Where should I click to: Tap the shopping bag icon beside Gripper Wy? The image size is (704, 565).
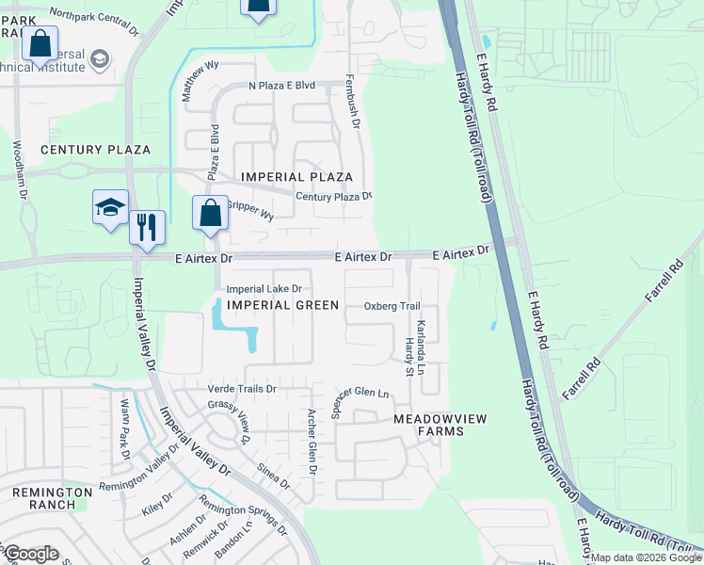pos(210,214)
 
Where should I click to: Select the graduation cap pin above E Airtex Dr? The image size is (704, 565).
pos(110,207)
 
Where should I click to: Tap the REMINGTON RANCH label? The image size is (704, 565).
pos(52,498)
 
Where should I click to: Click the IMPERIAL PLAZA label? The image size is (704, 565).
pos(296,177)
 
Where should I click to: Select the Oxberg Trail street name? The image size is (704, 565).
pos(392,306)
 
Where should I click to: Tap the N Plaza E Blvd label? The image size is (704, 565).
pos(281,85)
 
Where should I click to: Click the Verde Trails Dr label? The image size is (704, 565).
pos(242,388)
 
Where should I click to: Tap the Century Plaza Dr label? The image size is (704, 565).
pos(334,196)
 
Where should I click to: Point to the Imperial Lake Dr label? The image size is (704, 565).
pos(264,288)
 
